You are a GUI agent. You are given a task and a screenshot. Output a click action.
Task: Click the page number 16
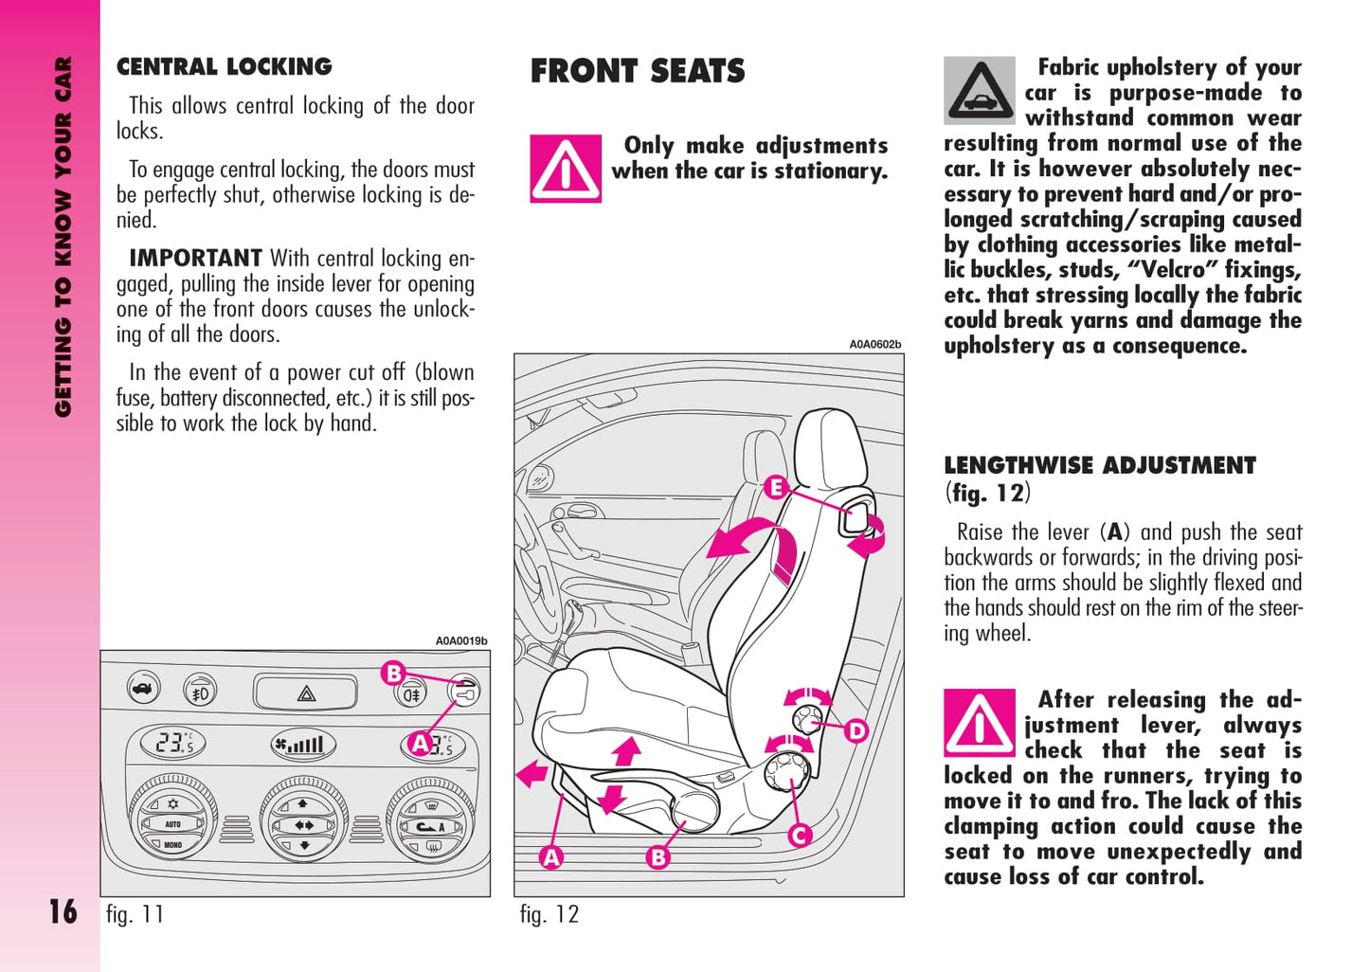63,911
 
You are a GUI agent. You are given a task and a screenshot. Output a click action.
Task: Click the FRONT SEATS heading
637,71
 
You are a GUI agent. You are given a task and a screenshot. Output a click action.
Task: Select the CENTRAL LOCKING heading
224,66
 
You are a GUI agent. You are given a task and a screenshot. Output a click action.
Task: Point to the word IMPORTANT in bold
195,258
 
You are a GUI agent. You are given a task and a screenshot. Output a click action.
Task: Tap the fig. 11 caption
135,914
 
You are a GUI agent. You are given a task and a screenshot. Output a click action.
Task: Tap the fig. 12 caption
549,914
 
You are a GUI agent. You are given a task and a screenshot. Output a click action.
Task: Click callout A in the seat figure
550,857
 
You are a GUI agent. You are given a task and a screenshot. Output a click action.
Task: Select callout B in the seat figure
657,857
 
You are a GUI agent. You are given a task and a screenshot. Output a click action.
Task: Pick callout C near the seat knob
800,835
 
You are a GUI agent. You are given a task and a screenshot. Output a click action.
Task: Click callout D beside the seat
856,730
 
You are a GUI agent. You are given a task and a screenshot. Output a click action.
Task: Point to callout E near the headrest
775,487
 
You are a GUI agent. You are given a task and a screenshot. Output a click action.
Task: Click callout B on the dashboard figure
392,674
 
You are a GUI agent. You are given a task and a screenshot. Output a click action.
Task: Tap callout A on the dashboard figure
420,744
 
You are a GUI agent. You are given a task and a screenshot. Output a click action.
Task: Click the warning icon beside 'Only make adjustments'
566,169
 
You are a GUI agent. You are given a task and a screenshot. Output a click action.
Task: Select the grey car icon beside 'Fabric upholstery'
979,91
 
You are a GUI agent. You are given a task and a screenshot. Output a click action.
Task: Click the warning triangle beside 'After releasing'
979,724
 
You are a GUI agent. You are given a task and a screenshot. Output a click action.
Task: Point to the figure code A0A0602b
874,345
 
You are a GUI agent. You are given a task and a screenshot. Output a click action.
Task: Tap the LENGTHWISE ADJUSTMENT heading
1099,465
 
